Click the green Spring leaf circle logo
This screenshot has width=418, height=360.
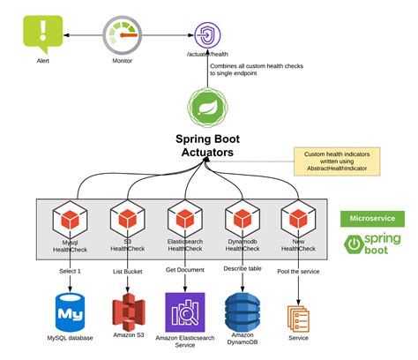207,109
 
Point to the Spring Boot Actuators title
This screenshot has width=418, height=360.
207,146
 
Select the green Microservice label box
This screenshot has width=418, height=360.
372,219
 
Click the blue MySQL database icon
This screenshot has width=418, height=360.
69,311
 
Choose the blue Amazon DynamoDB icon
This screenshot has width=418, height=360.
241,311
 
